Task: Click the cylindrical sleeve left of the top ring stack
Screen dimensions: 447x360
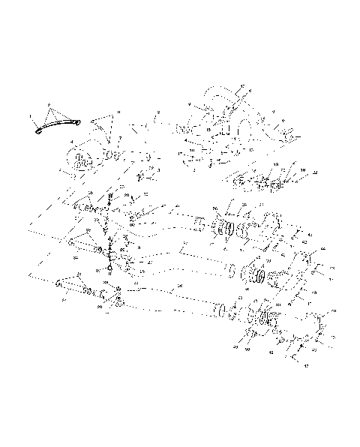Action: tap(199, 224)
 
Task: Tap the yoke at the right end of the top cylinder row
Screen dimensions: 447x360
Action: tap(270, 223)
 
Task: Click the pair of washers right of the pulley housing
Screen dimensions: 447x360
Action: tap(112, 155)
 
